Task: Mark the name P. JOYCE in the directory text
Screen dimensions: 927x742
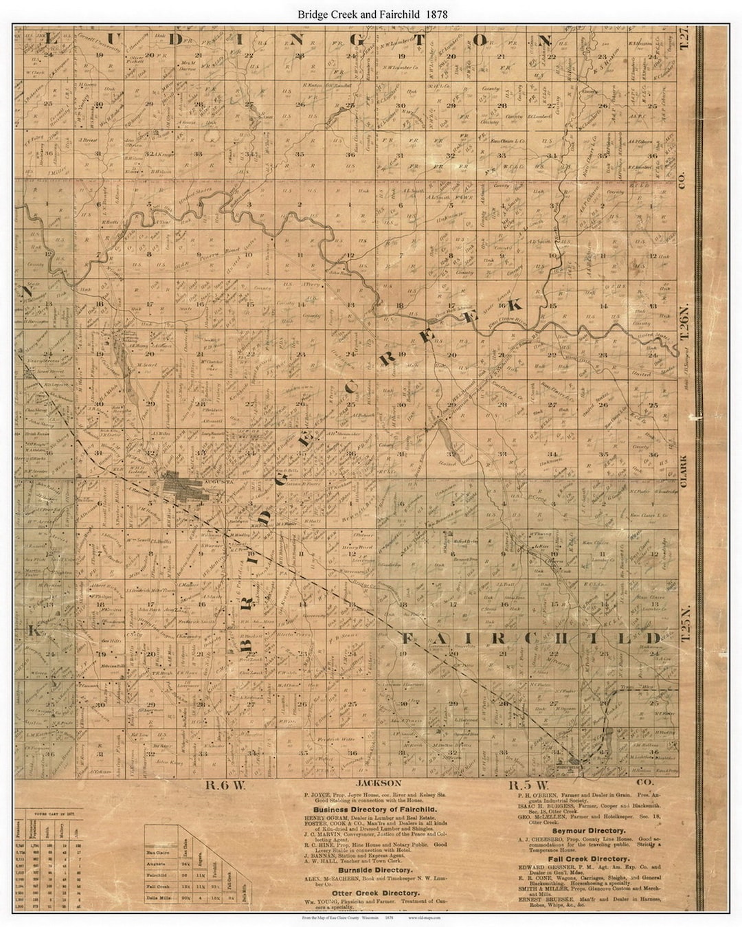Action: click(x=317, y=792)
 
